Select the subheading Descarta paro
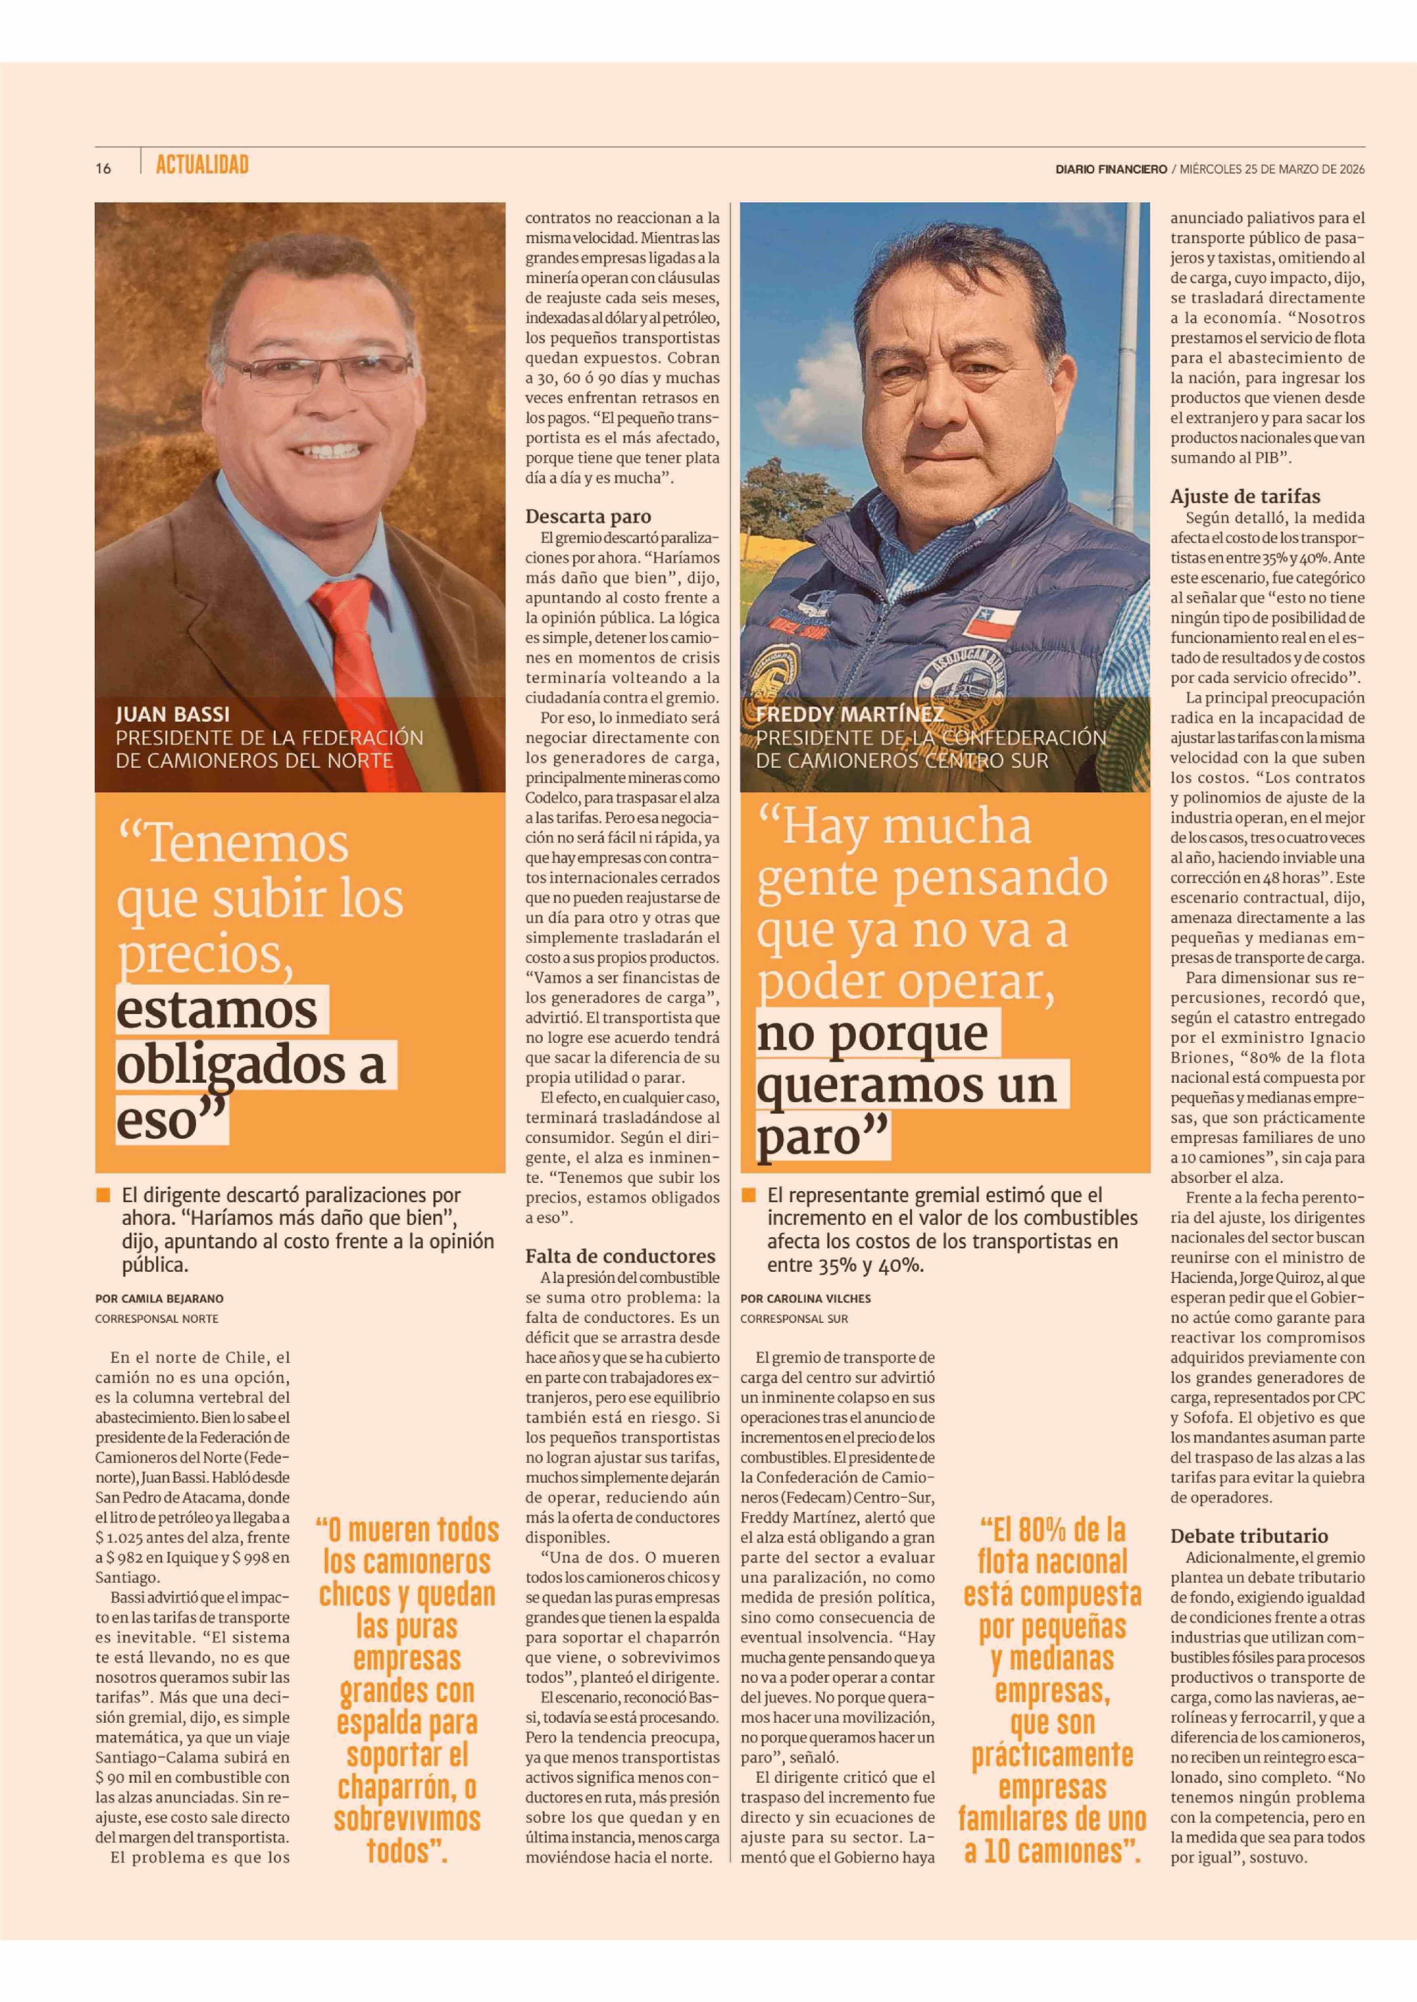[x=588, y=516]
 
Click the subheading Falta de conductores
[x=620, y=1256]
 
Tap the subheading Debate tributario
[x=1249, y=1535]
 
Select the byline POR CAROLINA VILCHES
[x=805, y=1298]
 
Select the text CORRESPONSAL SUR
[x=794, y=1318]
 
